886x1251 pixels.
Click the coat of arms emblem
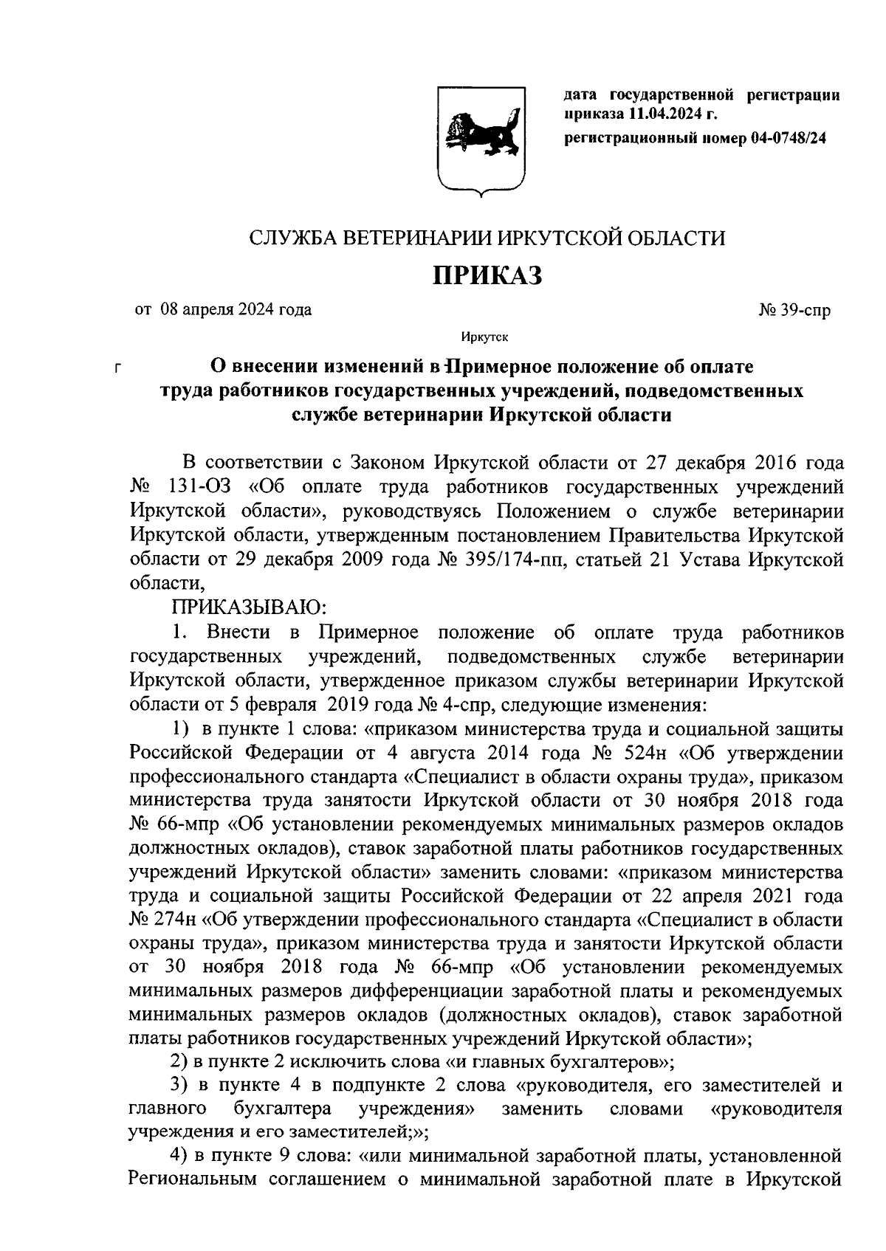[x=481, y=140]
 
